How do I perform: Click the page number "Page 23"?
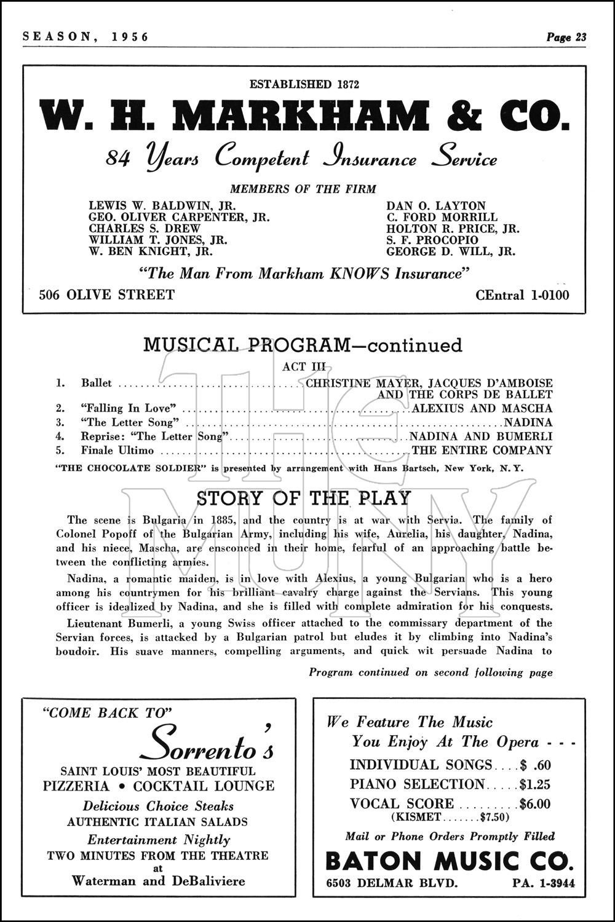(x=566, y=37)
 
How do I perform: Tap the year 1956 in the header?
(x=130, y=37)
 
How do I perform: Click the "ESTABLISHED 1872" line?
(x=303, y=84)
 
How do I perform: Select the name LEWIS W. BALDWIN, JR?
(x=162, y=206)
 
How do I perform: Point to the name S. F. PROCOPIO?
(x=432, y=240)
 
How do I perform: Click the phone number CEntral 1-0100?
(x=522, y=295)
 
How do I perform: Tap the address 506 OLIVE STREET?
(x=106, y=295)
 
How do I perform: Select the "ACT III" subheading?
(x=303, y=367)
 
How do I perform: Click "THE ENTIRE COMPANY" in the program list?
(x=482, y=451)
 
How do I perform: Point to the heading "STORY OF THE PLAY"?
(x=303, y=498)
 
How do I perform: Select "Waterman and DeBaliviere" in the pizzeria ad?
(x=158, y=880)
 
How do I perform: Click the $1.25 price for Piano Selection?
(x=534, y=784)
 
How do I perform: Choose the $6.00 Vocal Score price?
(x=534, y=804)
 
